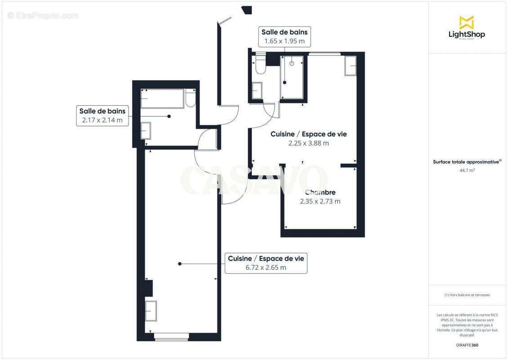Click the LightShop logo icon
(466, 22)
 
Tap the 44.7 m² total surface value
(466, 170)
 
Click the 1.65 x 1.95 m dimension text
(284, 41)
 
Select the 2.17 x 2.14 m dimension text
(102, 120)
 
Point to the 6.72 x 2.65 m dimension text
(266, 267)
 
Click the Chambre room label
(320, 193)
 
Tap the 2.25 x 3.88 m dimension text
(308, 143)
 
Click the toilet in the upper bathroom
(260, 65)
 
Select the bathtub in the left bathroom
(162, 99)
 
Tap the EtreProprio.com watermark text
(43, 15)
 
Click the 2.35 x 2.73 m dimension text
(320, 201)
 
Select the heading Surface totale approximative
(466, 162)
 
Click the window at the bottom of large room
(171, 335)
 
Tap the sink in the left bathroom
(146, 130)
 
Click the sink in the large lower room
(151, 311)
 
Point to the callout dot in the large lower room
(179, 264)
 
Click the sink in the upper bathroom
(258, 90)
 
